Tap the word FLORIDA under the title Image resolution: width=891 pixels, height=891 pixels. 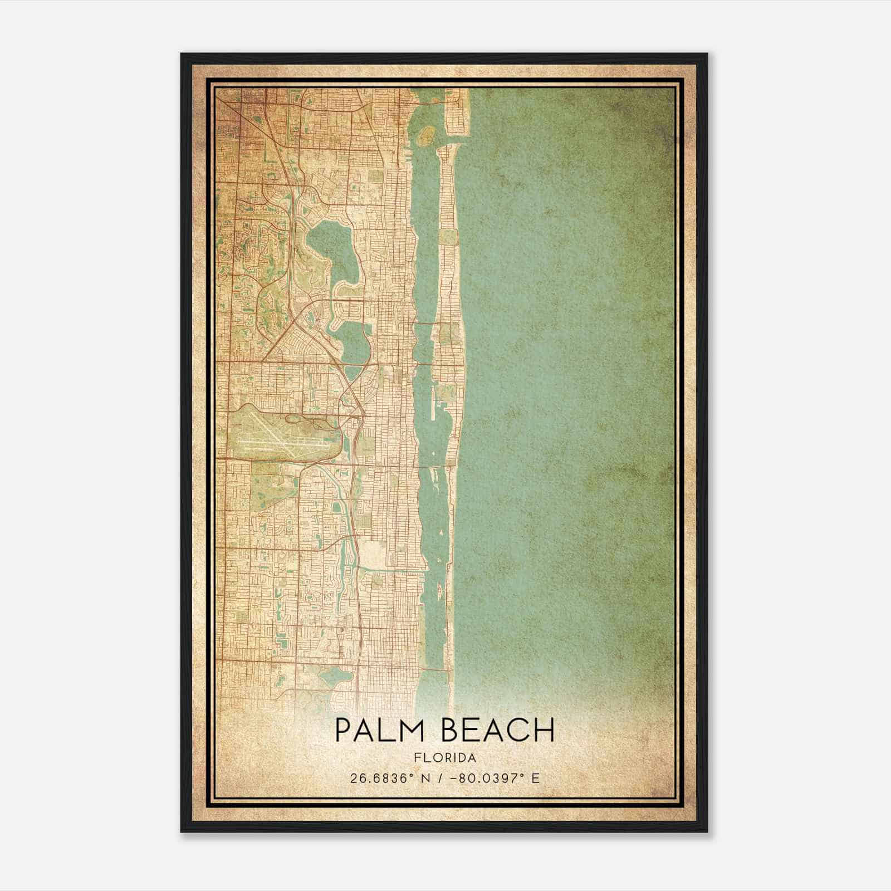click(x=445, y=758)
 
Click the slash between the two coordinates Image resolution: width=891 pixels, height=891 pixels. click(x=443, y=778)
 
